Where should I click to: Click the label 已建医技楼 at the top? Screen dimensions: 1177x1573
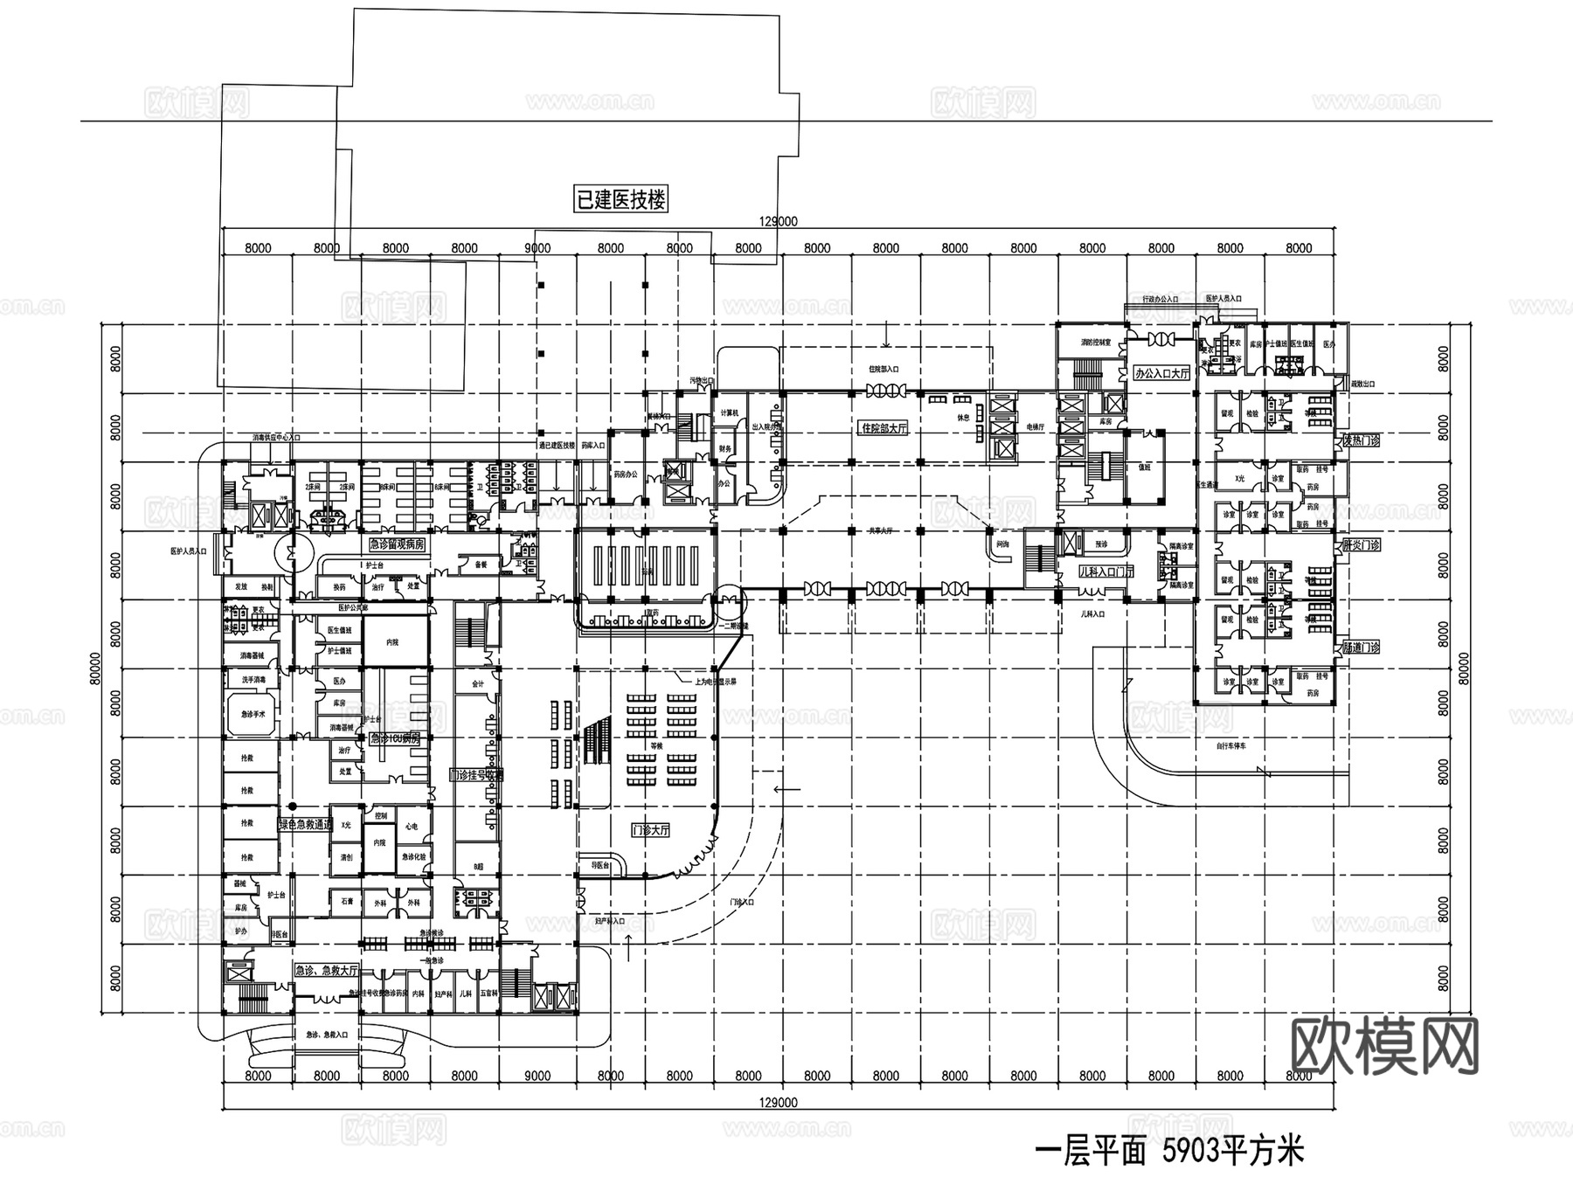point(620,199)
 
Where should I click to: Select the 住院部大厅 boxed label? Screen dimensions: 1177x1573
point(884,428)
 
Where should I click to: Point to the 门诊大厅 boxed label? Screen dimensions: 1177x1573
point(650,830)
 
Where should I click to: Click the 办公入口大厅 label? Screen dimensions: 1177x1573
point(1161,373)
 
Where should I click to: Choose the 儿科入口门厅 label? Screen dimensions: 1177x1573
point(1106,571)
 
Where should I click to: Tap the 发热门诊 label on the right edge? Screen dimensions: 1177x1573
point(1360,441)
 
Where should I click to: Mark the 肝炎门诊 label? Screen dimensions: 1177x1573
point(1360,545)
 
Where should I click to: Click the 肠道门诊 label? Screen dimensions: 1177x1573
point(1360,647)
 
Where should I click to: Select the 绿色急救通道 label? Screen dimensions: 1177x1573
point(305,824)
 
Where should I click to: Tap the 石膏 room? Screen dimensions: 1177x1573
point(347,901)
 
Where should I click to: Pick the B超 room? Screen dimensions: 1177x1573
point(478,866)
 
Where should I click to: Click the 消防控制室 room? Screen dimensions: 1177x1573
point(1089,343)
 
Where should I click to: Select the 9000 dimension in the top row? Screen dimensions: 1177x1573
point(537,248)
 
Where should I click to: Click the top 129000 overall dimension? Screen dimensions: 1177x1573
point(779,222)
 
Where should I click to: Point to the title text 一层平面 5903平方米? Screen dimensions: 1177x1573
point(1169,1152)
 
